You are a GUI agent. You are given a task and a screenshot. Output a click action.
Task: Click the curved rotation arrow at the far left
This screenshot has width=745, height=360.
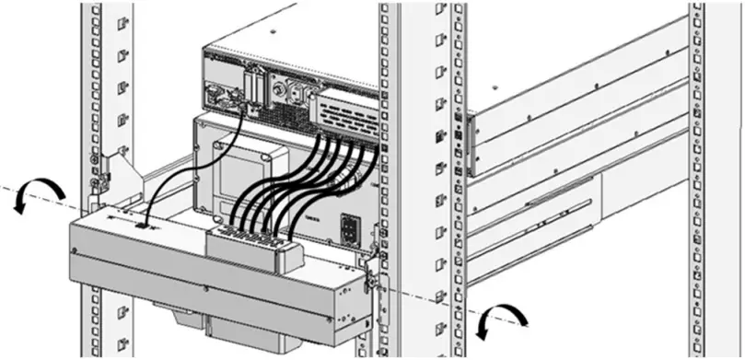(41, 191)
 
